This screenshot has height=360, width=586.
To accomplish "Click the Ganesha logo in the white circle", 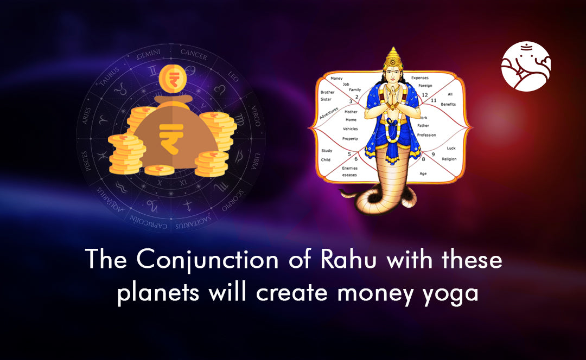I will click(526, 66).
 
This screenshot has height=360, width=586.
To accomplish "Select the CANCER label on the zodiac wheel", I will click(193, 53).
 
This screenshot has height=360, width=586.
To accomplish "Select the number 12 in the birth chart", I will click(424, 94).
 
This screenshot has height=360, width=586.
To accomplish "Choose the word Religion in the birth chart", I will click(449, 159).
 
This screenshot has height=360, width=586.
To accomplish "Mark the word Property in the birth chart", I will click(350, 139).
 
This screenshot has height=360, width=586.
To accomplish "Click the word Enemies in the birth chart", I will click(349, 168).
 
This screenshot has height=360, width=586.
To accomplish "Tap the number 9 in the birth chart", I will click(433, 155).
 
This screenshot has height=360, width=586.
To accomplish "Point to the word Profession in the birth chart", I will click(426, 135).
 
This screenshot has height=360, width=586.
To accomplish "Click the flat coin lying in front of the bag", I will click(159, 170).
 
